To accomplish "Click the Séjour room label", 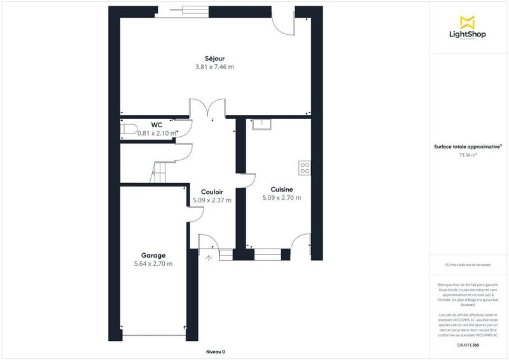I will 214,59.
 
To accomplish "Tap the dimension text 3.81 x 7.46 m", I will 214,67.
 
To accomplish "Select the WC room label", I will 158,125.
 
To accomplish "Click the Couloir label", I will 212,191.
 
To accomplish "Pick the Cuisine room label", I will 282,190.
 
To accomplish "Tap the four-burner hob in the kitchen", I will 305,168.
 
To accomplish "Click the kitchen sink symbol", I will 261,123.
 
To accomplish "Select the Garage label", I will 153,255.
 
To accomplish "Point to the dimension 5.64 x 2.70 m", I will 153,263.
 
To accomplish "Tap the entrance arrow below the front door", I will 209,258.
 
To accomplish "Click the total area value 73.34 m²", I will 468,154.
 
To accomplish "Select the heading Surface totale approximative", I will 468,146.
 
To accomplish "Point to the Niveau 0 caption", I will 216,352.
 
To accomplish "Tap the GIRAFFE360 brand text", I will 468,345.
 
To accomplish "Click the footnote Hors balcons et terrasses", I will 468,265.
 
